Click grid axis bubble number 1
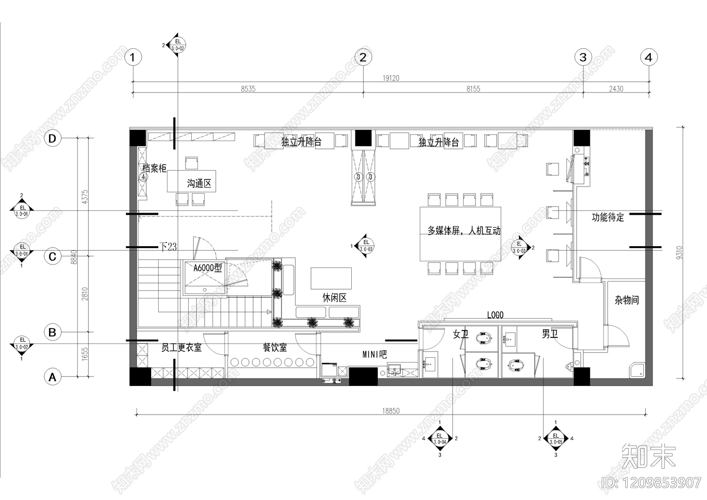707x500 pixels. pos(133,57)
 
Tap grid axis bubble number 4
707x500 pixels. pos(648,57)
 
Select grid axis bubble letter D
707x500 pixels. pos(53,138)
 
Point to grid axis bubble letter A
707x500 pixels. pos(53,377)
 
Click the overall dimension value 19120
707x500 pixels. pos(391,78)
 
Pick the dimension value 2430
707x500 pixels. pos(616,89)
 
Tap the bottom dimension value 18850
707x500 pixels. pos(391,411)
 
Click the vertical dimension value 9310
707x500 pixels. pos(680,252)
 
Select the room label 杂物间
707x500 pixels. pos(627,300)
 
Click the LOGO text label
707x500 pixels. pos(495,315)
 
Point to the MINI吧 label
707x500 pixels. pos(375,355)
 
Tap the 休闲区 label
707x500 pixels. pos(334,298)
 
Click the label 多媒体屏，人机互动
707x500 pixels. pos(464,230)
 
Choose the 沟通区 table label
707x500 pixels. pos(199,183)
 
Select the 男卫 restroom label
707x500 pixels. pos(550,334)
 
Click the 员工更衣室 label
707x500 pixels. pos(181,348)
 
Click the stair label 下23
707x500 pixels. pos(168,247)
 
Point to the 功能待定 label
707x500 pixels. pos(608,217)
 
